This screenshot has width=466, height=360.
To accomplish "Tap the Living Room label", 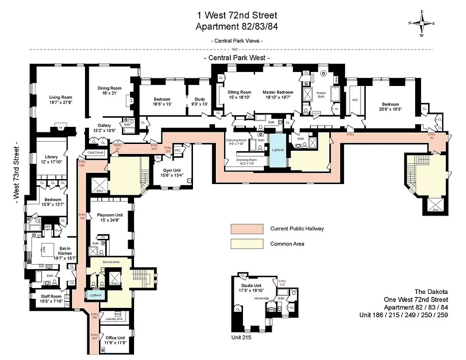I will pyautogui.click(x=61, y=100).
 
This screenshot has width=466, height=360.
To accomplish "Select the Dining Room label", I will pyautogui.click(x=110, y=90).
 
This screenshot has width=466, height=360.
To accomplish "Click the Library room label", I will pyautogui.click(x=48, y=159).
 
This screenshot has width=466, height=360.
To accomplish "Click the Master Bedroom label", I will pyautogui.click(x=278, y=94).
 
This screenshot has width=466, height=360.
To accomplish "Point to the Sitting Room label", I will pyautogui.click(x=239, y=94).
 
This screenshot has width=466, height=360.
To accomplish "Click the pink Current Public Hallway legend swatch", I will pyautogui.click(x=246, y=229).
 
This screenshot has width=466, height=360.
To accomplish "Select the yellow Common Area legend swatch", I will pyautogui.click(x=246, y=244).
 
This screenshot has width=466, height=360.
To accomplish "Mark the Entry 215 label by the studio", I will pyautogui.click(x=282, y=283).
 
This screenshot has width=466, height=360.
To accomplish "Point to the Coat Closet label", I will pyautogui.click(x=95, y=153).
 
